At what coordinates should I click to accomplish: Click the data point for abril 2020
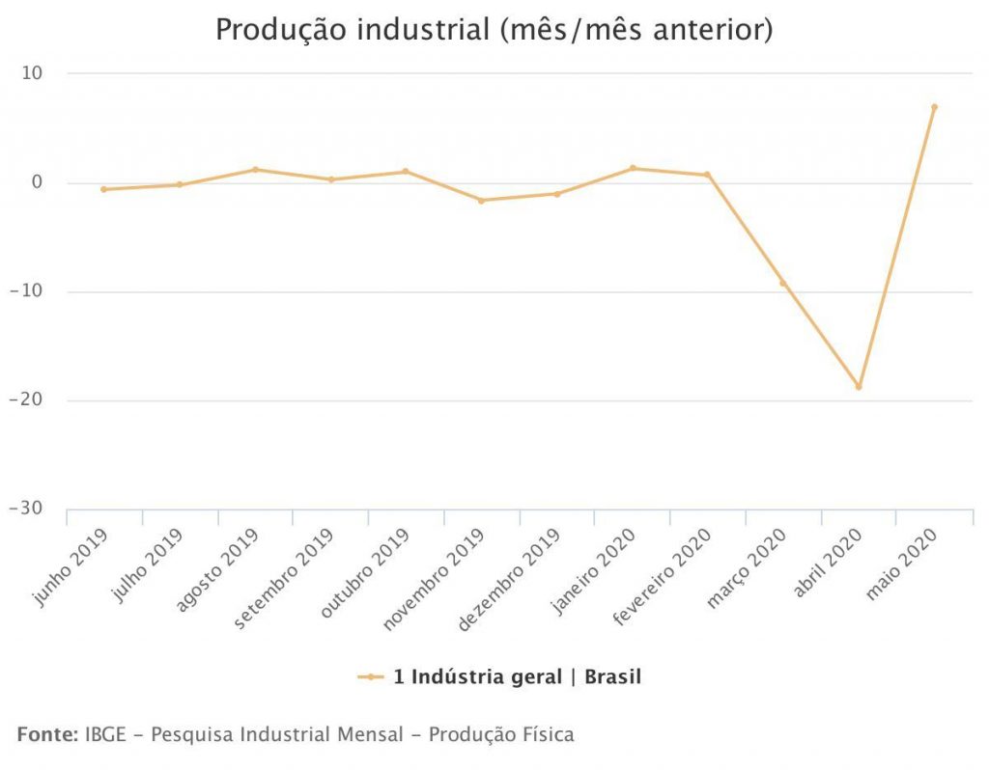coord(859,387)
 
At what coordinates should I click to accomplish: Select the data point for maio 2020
coord(934,107)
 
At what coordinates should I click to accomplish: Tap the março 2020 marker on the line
coord(783,283)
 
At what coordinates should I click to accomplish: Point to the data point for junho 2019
coord(103,189)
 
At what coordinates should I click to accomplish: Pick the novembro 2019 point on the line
coord(481,200)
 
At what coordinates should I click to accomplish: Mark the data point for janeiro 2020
coord(633,168)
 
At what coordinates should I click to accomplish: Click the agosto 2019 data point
coord(255,169)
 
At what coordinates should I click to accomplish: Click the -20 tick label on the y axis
coord(30,400)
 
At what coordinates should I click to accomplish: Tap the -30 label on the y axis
coord(30,509)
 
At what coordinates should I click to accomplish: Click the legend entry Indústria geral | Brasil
coord(516,677)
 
